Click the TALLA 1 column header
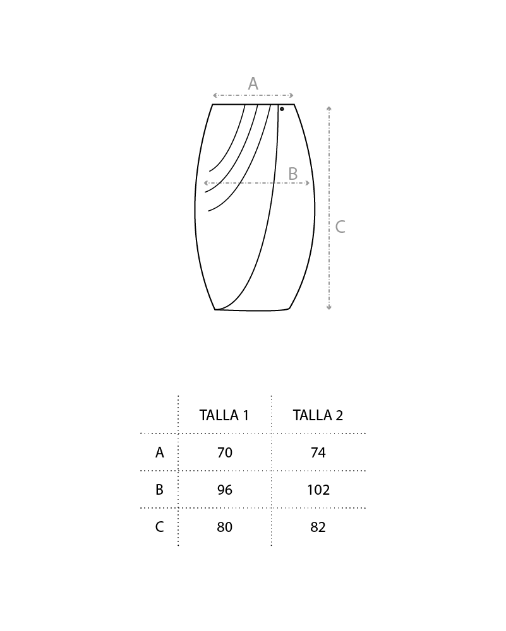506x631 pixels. click(224, 415)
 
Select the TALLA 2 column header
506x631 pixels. click(318, 415)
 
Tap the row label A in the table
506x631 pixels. click(160, 452)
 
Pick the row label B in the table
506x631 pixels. click(160, 490)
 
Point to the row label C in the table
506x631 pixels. click(160, 527)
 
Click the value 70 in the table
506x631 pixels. click(224, 452)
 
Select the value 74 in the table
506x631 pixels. click(318, 452)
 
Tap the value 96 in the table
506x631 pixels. click(224, 490)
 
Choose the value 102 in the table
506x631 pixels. click(318, 490)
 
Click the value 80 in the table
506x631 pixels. click(224, 527)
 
